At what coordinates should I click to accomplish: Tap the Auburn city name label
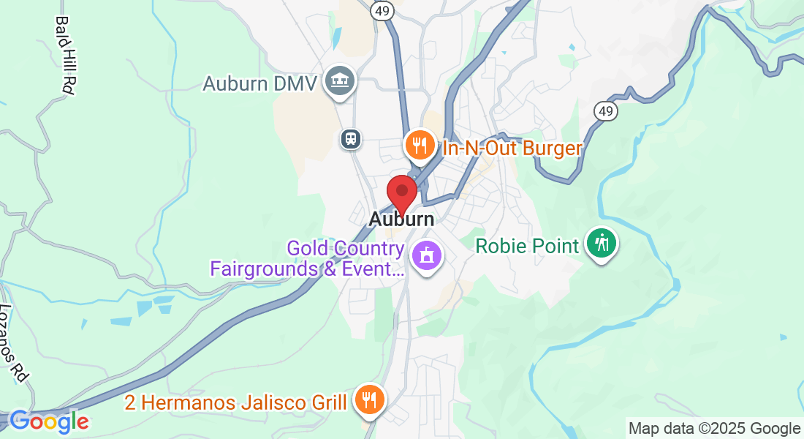[401, 219]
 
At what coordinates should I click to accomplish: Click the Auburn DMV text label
[259, 83]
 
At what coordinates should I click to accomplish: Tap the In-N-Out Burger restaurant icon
[420, 145]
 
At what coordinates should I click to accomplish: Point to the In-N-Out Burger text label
[512, 149]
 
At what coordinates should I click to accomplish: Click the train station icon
[351, 138]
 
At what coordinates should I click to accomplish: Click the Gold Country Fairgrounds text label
[307, 258]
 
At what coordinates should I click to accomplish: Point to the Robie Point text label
[527, 245]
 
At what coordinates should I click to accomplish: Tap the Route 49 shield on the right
[605, 111]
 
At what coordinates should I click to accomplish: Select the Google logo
[48, 421]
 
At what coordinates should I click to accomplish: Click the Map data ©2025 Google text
[714, 429]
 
